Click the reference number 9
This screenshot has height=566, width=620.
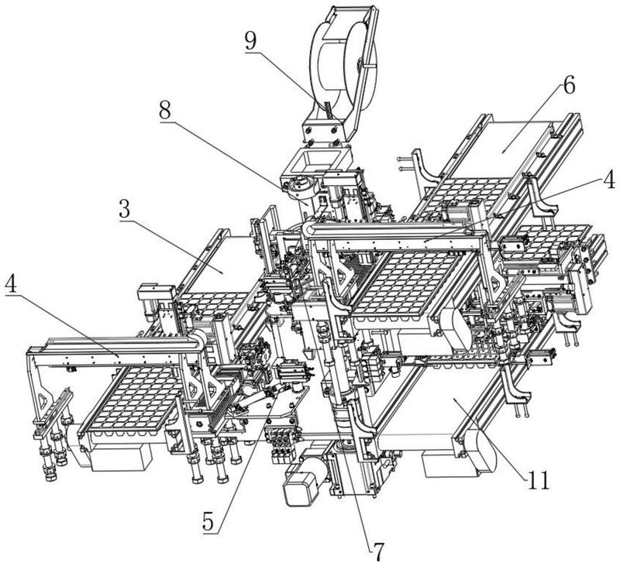tap(250, 40)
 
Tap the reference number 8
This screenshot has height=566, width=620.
tap(165, 110)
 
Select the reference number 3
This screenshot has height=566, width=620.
tap(125, 209)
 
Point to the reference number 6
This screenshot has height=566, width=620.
tap(569, 85)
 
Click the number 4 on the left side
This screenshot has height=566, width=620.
tap(12, 284)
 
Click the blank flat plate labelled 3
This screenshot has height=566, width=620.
tap(222, 266)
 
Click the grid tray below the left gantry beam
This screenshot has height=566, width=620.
tap(130, 399)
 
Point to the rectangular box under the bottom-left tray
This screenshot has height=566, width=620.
tap(122, 458)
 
